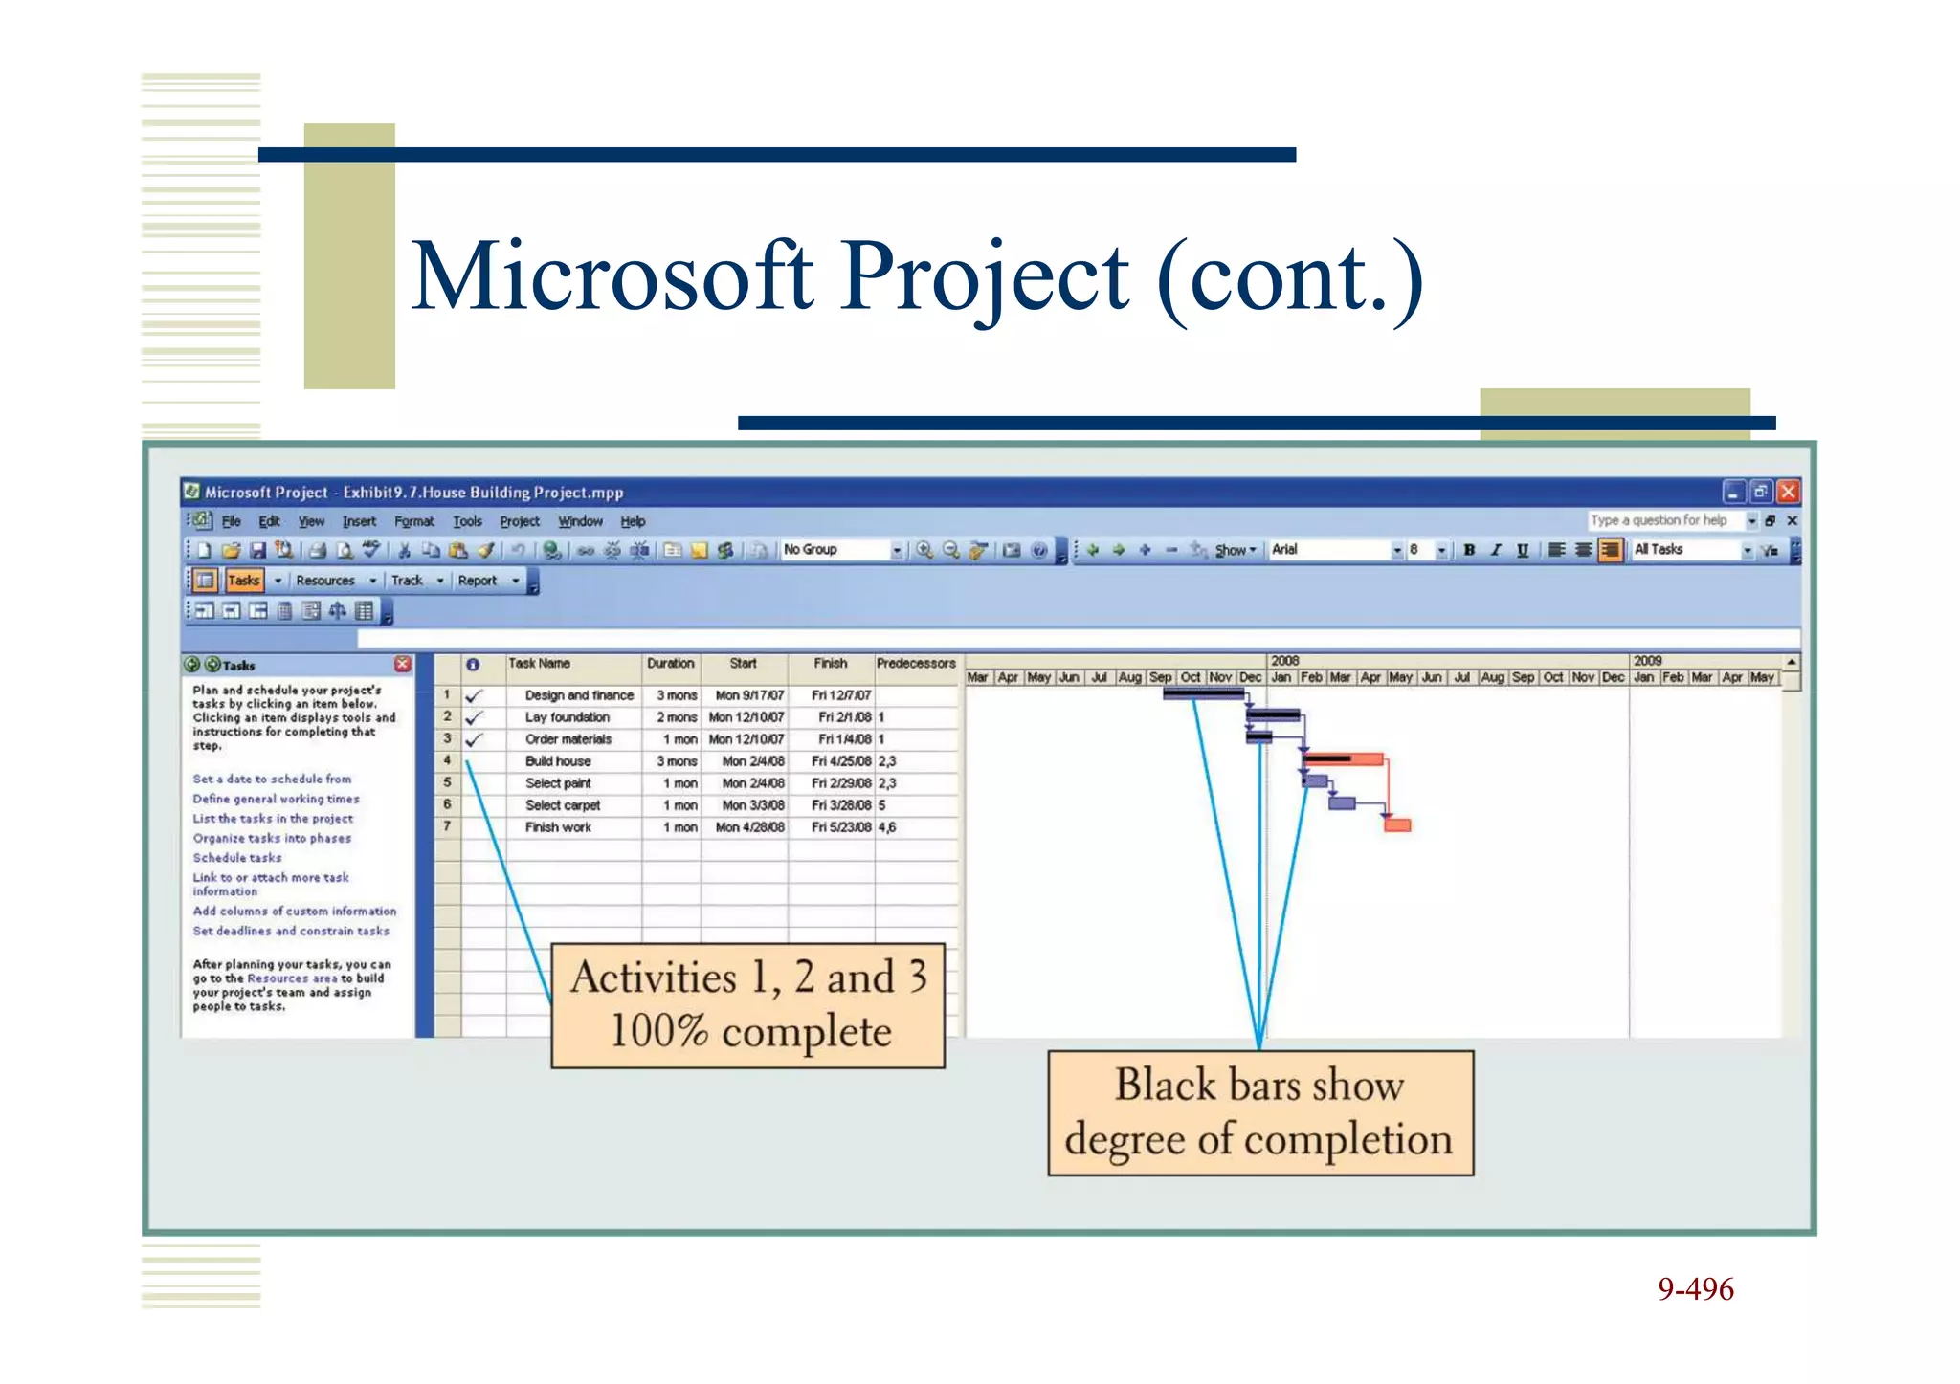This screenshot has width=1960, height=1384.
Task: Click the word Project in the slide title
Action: [985, 277]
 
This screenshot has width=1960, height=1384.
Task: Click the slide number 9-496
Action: [1695, 1289]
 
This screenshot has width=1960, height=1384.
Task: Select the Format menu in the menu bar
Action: [413, 521]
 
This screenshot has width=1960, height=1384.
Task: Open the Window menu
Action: [580, 521]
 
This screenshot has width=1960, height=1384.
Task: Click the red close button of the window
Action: [1788, 492]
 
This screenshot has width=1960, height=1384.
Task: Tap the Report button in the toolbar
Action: [478, 581]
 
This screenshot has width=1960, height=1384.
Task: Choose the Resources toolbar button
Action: [325, 581]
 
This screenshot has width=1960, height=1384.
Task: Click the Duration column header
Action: [670, 663]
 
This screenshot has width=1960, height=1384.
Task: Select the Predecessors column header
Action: [915, 663]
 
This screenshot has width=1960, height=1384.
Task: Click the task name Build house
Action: [558, 761]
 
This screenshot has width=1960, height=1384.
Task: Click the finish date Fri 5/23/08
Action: [840, 827]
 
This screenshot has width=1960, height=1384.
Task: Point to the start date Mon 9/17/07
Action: [749, 695]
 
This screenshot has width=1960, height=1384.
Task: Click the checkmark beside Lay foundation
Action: [474, 717]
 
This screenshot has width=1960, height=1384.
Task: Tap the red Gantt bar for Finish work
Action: [1397, 824]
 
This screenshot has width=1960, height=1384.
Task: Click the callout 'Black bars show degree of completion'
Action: [1259, 1112]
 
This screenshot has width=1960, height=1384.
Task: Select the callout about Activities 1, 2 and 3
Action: [748, 1004]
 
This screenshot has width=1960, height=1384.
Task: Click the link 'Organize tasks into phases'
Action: [272, 838]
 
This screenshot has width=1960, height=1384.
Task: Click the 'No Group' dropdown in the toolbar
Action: [840, 550]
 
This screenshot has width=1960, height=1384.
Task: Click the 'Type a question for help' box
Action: [1661, 520]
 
